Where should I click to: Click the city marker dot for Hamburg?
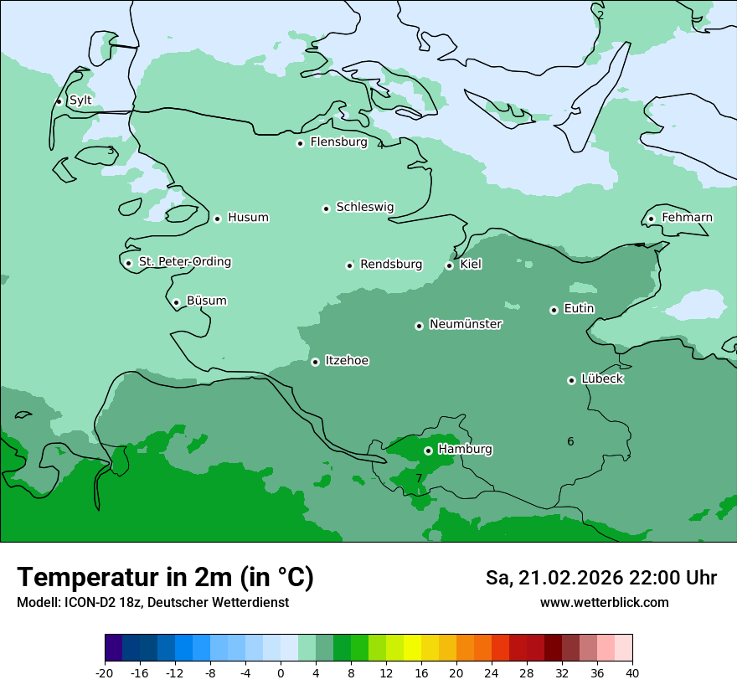click(428, 450)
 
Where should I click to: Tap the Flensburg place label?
click(338, 142)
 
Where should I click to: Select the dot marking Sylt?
click(59, 101)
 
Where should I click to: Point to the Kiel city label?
click(471, 265)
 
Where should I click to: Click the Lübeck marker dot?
click(571, 380)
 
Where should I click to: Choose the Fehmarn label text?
click(687, 218)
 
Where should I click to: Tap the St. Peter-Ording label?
click(184, 262)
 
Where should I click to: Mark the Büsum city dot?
click(176, 302)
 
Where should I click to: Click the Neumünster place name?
click(466, 324)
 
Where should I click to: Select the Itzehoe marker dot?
click(315, 362)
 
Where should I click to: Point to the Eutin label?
click(579, 309)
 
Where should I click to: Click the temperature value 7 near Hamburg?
click(419, 478)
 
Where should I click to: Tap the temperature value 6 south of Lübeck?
click(570, 441)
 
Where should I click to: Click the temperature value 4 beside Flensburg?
click(380, 145)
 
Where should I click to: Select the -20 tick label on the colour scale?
click(105, 672)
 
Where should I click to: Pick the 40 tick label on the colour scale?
click(632, 672)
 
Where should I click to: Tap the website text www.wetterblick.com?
click(604, 602)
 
